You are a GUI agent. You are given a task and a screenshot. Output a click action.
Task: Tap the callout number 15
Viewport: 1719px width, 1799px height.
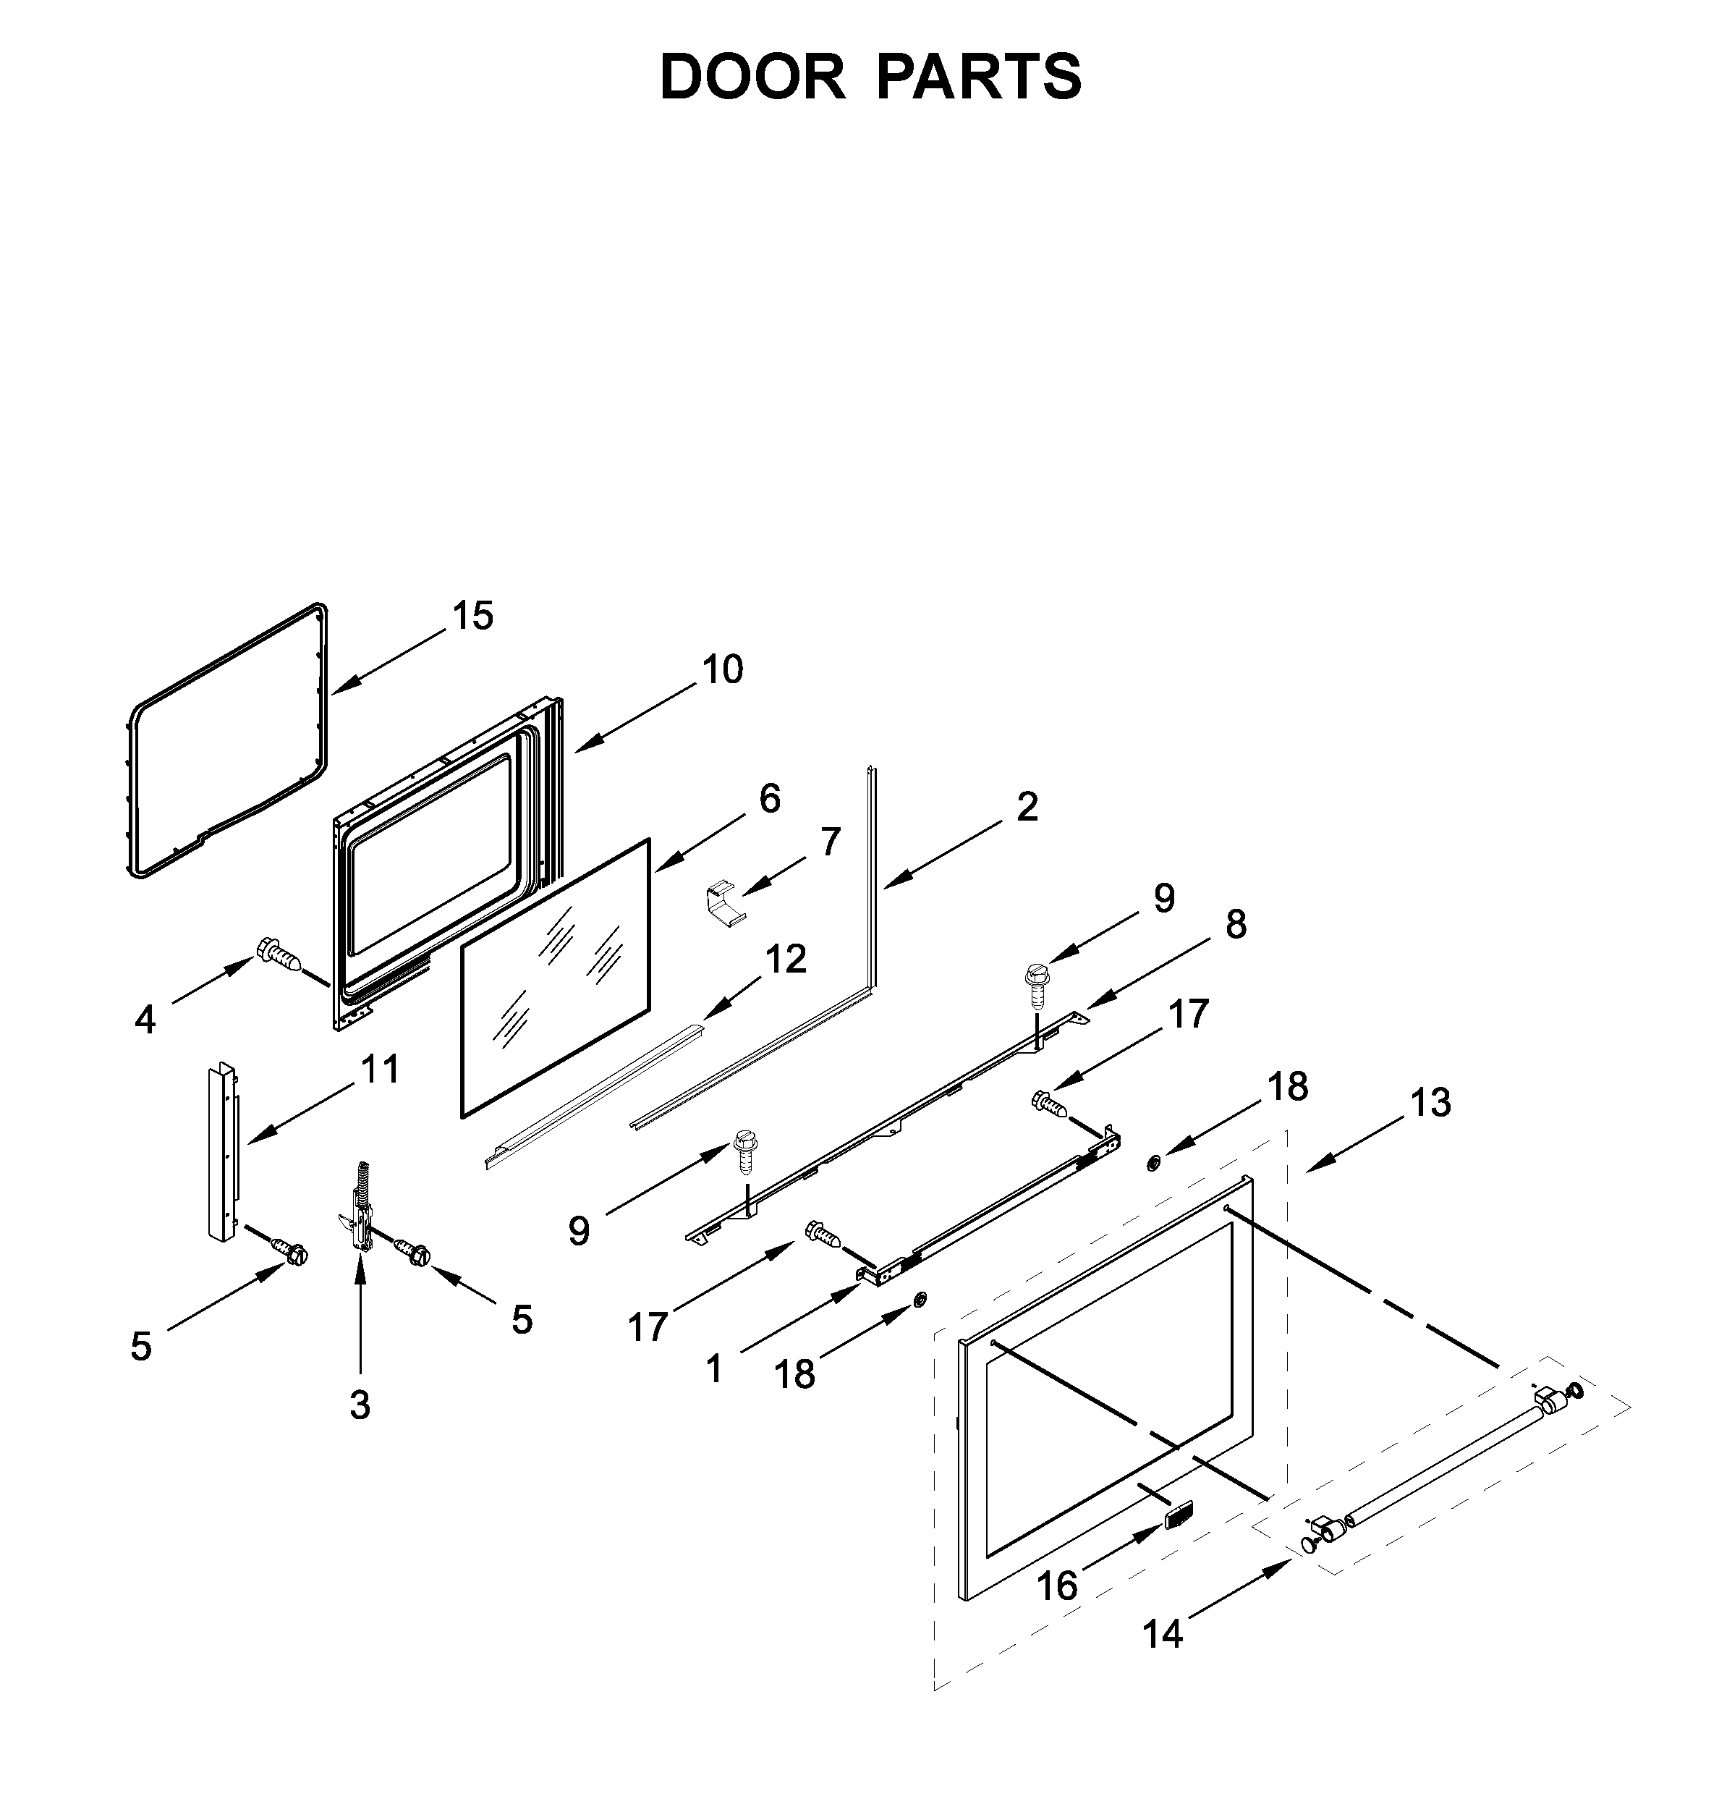(x=473, y=616)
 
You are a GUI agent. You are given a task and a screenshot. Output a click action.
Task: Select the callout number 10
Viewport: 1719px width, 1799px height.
(x=723, y=670)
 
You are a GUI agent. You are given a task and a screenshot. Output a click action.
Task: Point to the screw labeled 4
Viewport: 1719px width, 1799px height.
(x=279, y=954)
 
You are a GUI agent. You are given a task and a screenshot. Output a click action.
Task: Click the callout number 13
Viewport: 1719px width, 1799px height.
(x=1430, y=1104)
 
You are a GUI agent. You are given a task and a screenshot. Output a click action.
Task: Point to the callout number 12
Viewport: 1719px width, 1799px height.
(x=785, y=960)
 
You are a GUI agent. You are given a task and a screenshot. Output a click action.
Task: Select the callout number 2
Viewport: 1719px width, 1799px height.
(x=1027, y=806)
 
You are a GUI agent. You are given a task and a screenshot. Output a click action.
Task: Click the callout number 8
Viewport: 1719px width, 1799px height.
(x=1236, y=924)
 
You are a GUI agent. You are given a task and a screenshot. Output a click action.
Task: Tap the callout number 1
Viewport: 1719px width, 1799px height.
(x=714, y=1369)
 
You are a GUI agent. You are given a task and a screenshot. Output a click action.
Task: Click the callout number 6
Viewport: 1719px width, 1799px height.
(x=770, y=798)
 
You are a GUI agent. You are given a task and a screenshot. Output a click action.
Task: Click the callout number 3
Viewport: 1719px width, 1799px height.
(x=360, y=1405)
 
